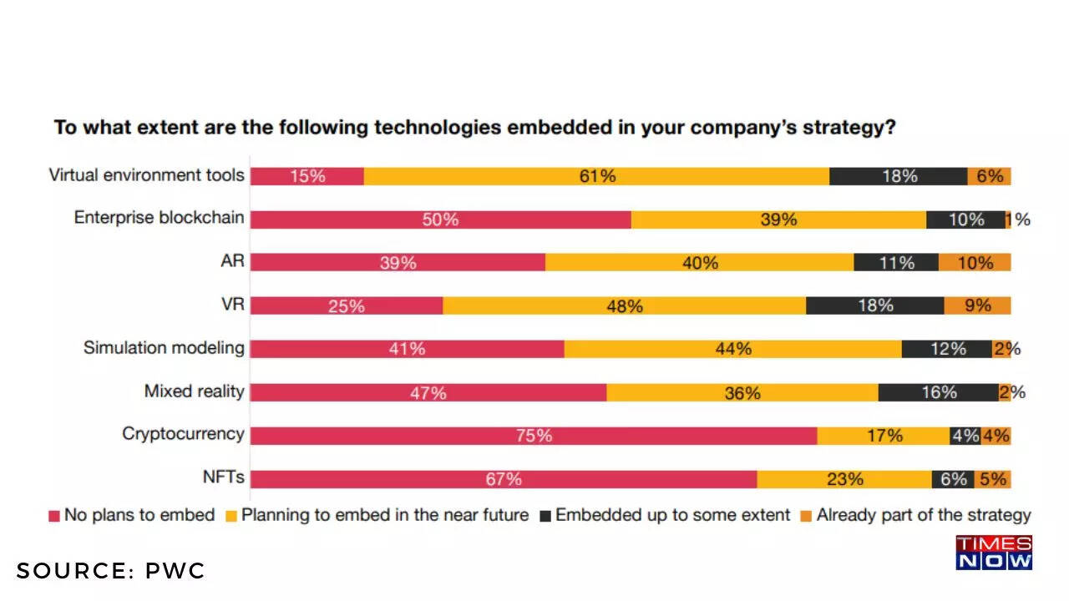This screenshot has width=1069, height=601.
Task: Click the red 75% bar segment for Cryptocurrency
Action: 534,436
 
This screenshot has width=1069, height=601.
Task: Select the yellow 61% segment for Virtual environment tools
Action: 596,176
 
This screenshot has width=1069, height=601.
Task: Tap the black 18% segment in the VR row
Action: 874,306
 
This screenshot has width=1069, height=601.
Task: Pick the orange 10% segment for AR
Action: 975,263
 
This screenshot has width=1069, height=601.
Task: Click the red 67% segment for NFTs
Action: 504,479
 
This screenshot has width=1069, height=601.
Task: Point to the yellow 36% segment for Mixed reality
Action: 742,392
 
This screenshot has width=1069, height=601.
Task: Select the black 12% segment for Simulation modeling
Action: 946,349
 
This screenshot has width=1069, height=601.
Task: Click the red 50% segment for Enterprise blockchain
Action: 440,220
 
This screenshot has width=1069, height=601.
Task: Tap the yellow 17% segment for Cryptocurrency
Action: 883,436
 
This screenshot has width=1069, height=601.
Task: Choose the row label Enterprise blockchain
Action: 159,218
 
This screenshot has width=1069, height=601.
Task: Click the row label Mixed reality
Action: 194,391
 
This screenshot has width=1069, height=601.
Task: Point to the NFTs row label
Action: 223,477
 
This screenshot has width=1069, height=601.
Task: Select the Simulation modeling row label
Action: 164,347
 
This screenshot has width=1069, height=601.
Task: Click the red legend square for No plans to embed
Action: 54,516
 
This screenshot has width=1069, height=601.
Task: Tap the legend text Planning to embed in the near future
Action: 384,515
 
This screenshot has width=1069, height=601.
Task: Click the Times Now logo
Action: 994,553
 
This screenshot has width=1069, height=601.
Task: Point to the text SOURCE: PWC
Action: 110,571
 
